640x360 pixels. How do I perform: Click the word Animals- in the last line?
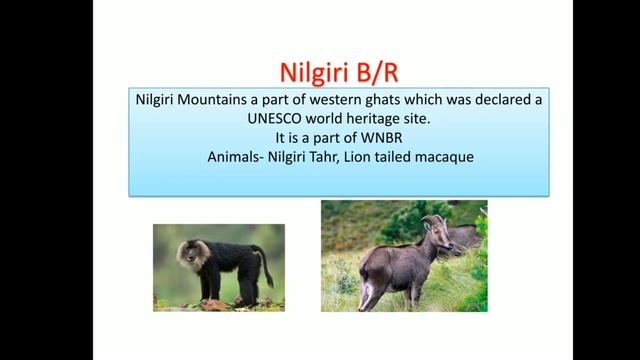click(x=233, y=157)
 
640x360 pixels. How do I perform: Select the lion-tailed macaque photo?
click(x=218, y=267)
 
